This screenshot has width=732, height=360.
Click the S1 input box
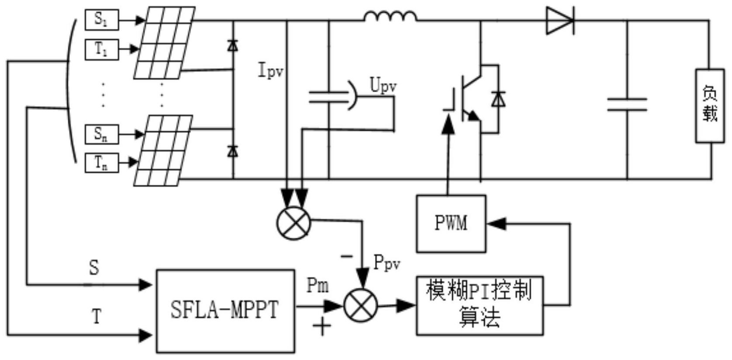click(101, 20)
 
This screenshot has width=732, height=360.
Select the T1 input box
click(101, 49)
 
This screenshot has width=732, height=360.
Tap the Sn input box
click(101, 134)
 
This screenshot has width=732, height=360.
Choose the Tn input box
click(101, 163)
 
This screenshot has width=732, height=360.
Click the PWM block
click(451, 223)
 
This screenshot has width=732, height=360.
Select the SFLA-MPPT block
click(225, 311)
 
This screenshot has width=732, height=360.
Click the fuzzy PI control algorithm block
click(479, 305)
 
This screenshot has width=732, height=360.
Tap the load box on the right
click(710, 105)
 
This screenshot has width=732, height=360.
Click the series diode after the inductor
click(560, 21)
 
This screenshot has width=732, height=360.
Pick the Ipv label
click(271, 71)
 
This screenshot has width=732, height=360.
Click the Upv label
click(383, 86)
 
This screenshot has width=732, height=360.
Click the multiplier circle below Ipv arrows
click(294, 223)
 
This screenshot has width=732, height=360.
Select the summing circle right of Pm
click(361, 306)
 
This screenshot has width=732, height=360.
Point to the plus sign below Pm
click(322, 326)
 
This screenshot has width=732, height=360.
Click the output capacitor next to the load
click(627, 105)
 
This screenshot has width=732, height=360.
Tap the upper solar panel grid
click(164, 43)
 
